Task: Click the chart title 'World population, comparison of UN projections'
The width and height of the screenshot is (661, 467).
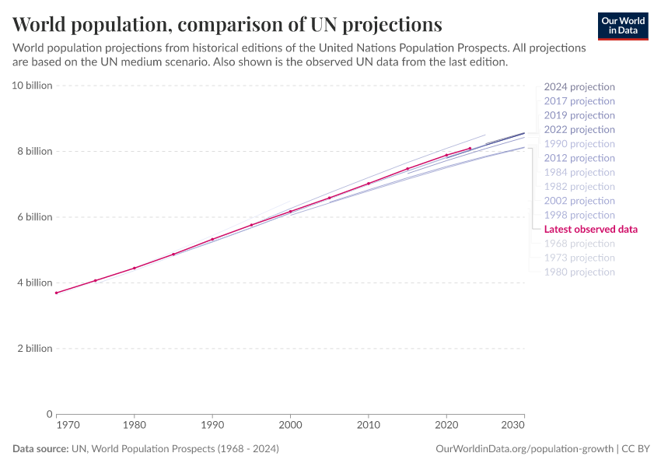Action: pyautogui.click(x=227, y=23)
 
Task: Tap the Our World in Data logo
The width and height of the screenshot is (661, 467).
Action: pyautogui.click(x=622, y=25)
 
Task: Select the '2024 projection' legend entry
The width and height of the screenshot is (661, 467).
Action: pyautogui.click(x=579, y=87)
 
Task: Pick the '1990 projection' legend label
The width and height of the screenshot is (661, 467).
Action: pyautogui.click(x=579, y=144)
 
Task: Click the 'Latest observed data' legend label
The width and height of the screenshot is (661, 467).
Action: pyautogui.click(x=590, y=230)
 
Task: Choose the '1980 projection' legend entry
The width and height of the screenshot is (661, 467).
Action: pyautogui.click(x=579, y=272)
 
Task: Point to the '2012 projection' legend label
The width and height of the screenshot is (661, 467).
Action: pyautogui.click(x=579, y=158)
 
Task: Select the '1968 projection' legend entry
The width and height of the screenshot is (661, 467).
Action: pyautogui.click(x=579, y=244)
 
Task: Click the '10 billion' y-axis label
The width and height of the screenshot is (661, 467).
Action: pyautogui.click(x=32, y=85)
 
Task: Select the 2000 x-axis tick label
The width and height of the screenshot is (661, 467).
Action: pyautogui.click(x=290, y=426)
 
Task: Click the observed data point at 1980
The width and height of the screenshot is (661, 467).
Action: pyautogui.click(x=135, y=268)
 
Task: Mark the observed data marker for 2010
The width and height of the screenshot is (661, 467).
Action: pyautogui.click(x=368, y=184)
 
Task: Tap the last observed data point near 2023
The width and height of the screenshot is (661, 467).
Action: pyautogui.click(x=470, y=148)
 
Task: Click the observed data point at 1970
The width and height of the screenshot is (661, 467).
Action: pyautogui.click(x=57, y=293)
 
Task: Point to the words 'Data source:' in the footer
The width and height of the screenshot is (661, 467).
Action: pyautogui.click(x=40, y=449)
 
